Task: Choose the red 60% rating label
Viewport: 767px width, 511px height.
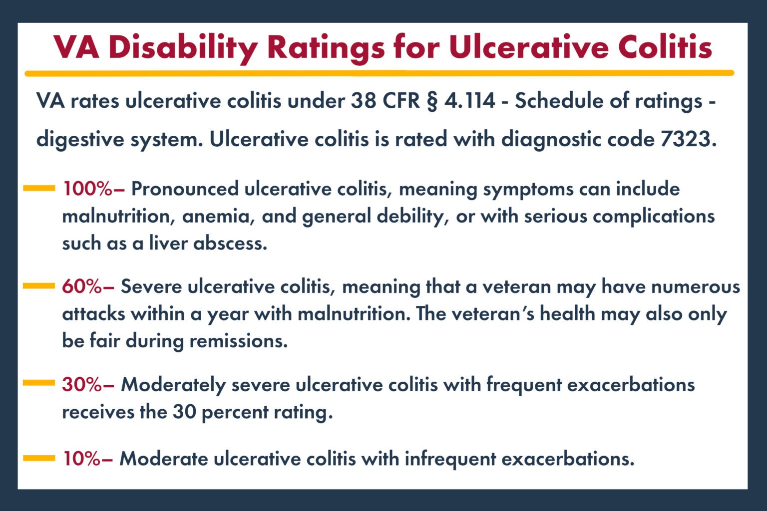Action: (82, 287)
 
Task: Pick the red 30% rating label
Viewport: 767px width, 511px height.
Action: (82, 385)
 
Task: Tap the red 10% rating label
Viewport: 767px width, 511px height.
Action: (82, 459)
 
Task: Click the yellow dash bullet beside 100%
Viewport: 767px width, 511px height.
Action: (39, 189)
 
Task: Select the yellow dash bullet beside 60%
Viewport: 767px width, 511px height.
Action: (39, 286)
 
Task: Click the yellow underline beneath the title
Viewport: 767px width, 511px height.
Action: (380, 73)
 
